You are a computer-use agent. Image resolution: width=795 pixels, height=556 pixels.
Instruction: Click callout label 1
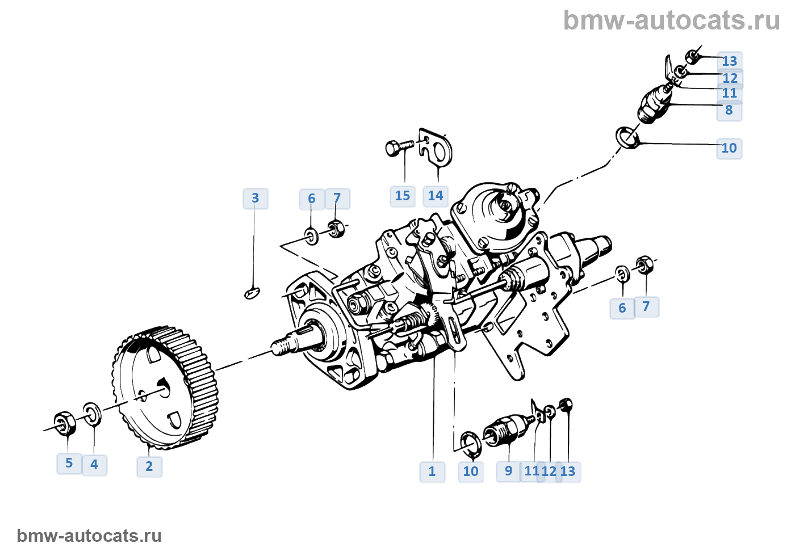(x=432, y=471)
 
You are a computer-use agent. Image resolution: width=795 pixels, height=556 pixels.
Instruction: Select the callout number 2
(x=149, y=466)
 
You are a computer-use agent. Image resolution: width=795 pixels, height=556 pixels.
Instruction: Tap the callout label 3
(x=255, y=198)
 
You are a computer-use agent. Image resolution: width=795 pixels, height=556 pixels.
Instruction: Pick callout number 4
(x=94, y=465)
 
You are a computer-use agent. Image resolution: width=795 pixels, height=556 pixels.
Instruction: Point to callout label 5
(x=69, y=463)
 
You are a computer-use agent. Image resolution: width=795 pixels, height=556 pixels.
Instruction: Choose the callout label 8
(x=729, y=110)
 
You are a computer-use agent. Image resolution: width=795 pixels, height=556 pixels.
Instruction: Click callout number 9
(x=509, y=471)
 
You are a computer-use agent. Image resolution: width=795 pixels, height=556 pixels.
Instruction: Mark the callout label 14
(x=436, y=196)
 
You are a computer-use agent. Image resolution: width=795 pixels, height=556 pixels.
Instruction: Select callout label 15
(x=403, y=196)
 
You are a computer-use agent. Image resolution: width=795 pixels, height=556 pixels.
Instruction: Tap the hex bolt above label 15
(x=397, y=148)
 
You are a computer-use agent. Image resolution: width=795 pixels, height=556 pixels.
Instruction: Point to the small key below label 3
(x=252, y=293)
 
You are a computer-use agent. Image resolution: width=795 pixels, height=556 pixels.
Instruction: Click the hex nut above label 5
(x=64, y=423)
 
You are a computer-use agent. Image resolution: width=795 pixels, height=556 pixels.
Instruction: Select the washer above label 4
(x=93, y=414)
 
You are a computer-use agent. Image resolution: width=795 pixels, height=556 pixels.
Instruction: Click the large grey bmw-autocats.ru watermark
(x=672, y=20)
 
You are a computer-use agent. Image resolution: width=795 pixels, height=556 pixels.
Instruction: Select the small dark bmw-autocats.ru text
(x=89, y=536)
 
